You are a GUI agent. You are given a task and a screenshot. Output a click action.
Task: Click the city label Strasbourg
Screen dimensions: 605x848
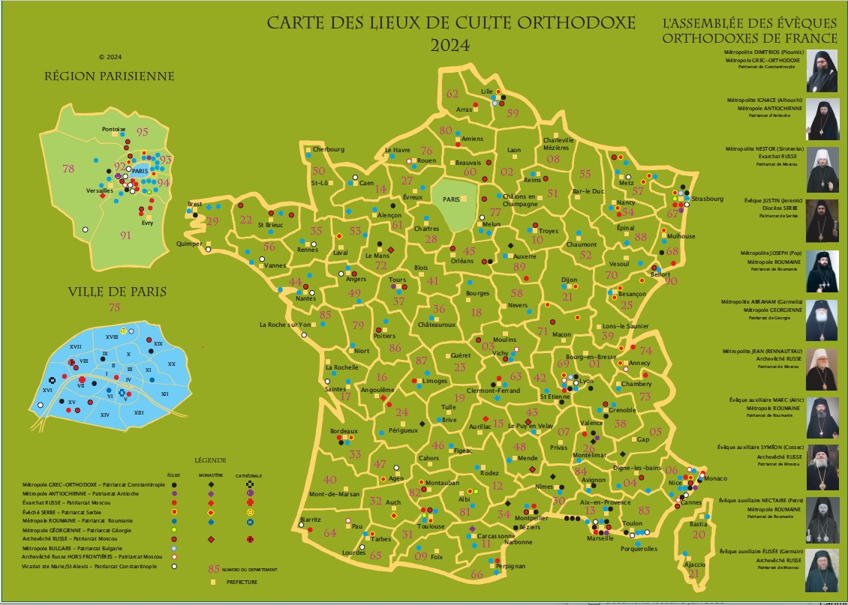[707, 199]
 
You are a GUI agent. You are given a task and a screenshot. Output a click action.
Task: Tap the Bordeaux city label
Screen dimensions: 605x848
[344, 432]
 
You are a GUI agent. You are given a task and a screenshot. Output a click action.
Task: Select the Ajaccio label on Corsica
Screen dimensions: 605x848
[690, 563]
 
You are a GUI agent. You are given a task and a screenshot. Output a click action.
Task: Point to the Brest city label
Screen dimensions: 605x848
[195, 204]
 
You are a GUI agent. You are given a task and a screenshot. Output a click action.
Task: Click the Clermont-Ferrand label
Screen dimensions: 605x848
[493, 391]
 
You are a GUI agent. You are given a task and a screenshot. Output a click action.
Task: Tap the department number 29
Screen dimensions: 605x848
[212, 221]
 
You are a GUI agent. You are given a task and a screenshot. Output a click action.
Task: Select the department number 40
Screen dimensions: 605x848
[329, 480]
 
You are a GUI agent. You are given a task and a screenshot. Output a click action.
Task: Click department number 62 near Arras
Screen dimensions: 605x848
[453, 94]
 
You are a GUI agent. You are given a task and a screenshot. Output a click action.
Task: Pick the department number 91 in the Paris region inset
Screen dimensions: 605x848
[125, 235]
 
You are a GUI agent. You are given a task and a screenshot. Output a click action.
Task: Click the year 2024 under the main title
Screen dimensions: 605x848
[450, 46]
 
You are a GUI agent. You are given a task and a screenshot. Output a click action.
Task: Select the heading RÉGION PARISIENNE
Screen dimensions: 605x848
[110, 76]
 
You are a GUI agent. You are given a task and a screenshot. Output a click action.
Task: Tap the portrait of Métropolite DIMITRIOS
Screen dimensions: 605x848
[822, 71]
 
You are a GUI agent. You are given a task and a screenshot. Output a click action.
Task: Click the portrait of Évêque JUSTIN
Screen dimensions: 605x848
[822, 218]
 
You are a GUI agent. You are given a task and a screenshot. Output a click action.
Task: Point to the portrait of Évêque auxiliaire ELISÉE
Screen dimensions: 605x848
[822, 571]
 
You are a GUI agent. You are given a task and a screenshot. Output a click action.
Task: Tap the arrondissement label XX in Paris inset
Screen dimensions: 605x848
[171, 364]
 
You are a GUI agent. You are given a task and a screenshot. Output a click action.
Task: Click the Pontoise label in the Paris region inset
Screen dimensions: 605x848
[114, 130]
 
